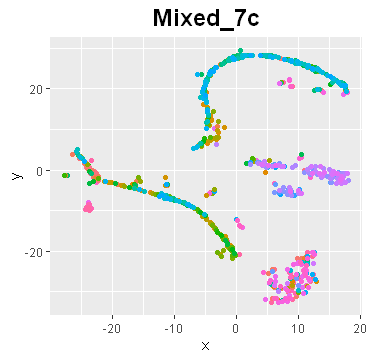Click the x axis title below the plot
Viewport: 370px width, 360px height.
click(205, 346)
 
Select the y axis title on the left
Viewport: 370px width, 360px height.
click(16, 175)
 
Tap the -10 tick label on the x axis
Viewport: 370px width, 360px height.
click(174, 327)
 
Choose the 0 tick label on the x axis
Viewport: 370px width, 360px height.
click(236, 327)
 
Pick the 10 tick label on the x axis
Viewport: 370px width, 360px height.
click(298, 327)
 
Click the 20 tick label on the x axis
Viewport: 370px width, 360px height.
click(358, 327)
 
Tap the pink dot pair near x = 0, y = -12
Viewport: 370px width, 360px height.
click(237, 221)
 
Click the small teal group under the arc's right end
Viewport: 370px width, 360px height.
click(319, 91)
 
